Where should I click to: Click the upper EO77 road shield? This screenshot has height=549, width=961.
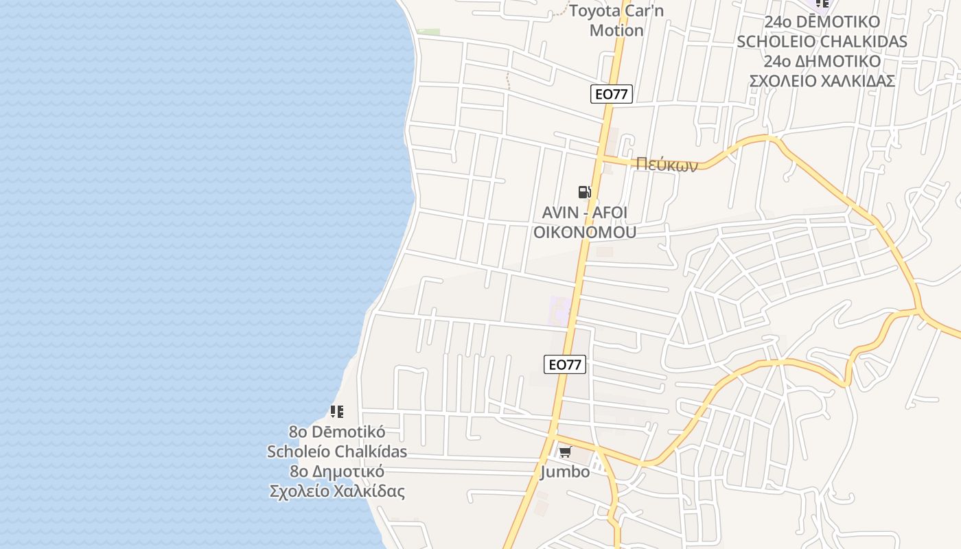tap(611, 94)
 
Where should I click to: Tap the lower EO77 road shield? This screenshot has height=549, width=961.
tap(565, 364)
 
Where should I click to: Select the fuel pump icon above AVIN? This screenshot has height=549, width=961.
tap(584, 192)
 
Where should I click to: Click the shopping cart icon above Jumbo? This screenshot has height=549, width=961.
tap(565, 452)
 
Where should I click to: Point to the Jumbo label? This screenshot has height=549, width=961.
tap(565, 472)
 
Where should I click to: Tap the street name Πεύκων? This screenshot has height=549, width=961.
tap(666, 164)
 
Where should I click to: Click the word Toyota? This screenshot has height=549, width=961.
tap(594, 11)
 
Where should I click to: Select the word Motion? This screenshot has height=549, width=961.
tap(616, 30)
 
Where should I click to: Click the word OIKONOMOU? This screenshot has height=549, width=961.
tap(584, 232)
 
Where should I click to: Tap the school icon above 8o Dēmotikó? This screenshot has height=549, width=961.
tap(336, 412)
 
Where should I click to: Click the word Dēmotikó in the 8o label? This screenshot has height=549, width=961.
tap(349, 432)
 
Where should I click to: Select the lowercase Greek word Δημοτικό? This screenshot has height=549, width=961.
tap(347, 472)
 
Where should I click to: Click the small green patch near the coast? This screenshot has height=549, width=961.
tap(429, 32)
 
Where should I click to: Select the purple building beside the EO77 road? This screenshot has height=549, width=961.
tap(560, 311)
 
